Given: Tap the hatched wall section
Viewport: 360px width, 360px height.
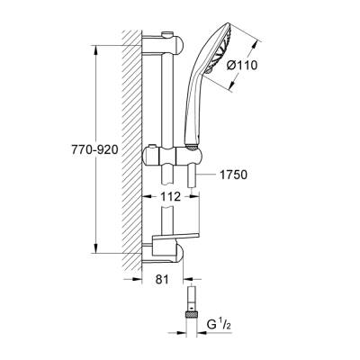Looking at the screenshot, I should (x=132, y=144).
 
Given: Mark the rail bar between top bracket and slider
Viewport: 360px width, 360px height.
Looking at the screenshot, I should (x=168, y=99).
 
